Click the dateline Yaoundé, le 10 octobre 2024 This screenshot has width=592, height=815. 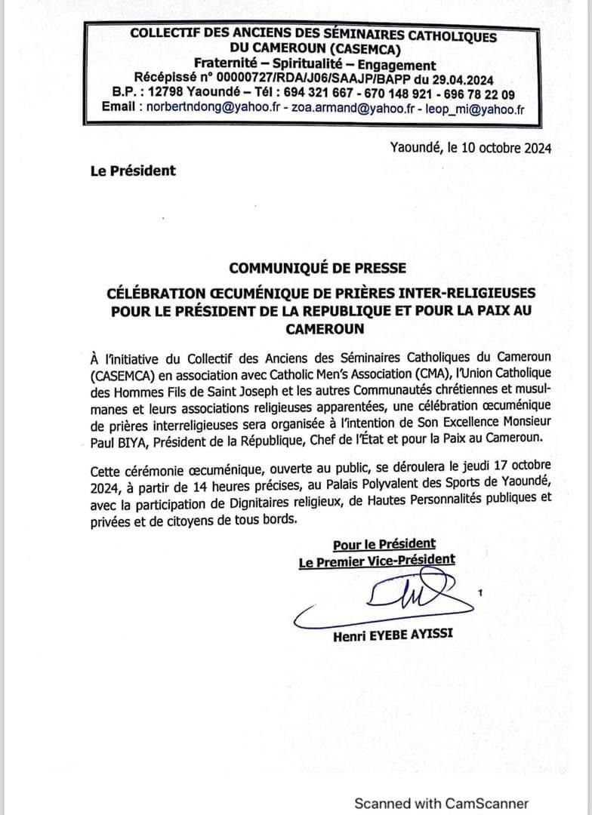pos(470,149)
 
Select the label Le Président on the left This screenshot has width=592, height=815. pos(132,171)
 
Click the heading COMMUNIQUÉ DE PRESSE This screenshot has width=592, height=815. pos(317,268)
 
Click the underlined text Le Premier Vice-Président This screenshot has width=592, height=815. pos(377,560)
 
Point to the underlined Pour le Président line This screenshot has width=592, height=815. pos(384,543)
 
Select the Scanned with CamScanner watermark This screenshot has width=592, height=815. pos(442,803)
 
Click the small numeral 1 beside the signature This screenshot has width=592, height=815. pos(480,595)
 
